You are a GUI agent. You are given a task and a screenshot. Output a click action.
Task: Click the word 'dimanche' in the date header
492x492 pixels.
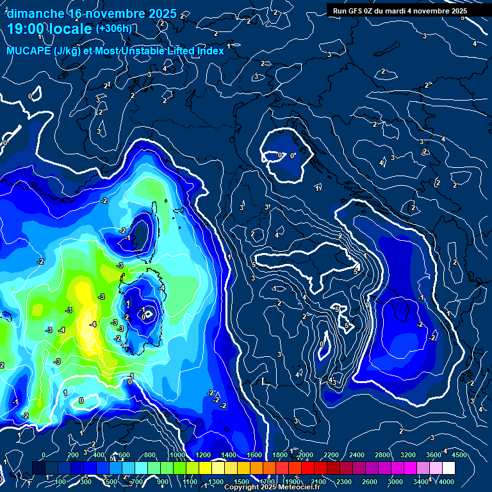tap(35, 13)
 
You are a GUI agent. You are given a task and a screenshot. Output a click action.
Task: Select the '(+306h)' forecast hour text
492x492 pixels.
tap(114, 28)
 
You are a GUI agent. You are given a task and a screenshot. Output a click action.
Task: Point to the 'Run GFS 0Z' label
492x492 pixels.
tap(356, 11)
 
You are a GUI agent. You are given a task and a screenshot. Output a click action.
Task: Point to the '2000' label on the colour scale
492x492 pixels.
tap(305, 455)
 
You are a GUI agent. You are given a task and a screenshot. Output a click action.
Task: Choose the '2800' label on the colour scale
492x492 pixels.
tap(382, 455)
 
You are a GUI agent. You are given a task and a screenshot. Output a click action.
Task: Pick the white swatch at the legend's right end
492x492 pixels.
tap(448, 468)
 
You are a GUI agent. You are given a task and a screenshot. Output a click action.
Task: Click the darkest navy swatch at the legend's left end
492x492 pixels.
tap(38, 468)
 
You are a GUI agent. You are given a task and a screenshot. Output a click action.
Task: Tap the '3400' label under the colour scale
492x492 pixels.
tap(421, 482)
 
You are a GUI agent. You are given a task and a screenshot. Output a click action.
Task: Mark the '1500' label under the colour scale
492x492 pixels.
tap(241, 482)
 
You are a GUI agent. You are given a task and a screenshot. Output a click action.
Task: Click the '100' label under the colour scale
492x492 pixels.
tap(61, 482)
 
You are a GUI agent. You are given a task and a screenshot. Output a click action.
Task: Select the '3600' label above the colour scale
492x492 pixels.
tap(433, 455)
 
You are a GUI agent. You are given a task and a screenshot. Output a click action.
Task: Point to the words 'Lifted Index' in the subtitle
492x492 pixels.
tap(195, 51)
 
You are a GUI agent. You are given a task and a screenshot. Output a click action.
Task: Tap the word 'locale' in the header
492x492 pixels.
tap(71, 29)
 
